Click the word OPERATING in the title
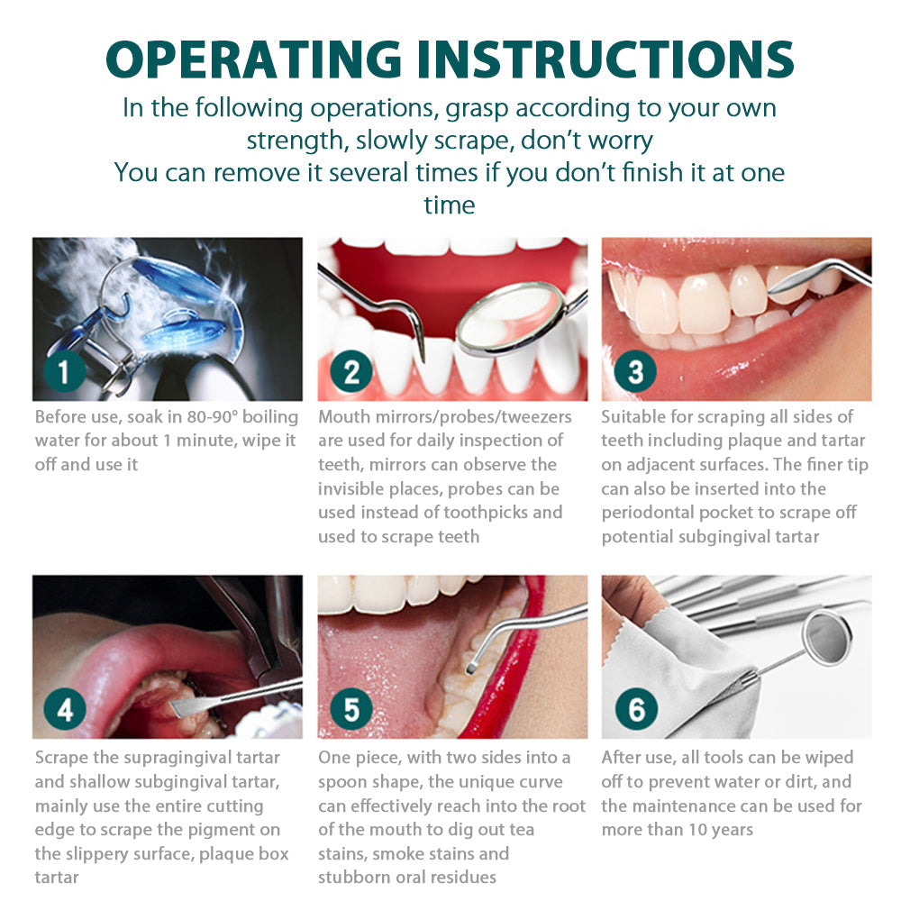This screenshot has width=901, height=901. (253, 59)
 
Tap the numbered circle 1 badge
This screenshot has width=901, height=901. (64, 371)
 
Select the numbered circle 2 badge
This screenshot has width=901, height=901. (351, 371)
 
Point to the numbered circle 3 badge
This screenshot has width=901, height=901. (635, 371)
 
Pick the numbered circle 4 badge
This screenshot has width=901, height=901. (64, 709)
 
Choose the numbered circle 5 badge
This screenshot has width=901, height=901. (351, 709)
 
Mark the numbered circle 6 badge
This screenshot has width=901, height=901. (636, 709)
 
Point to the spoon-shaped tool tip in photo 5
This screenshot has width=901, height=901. (472, 668)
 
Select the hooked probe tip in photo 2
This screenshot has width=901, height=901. (423, 359)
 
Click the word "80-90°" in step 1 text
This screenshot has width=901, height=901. (212, 416)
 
